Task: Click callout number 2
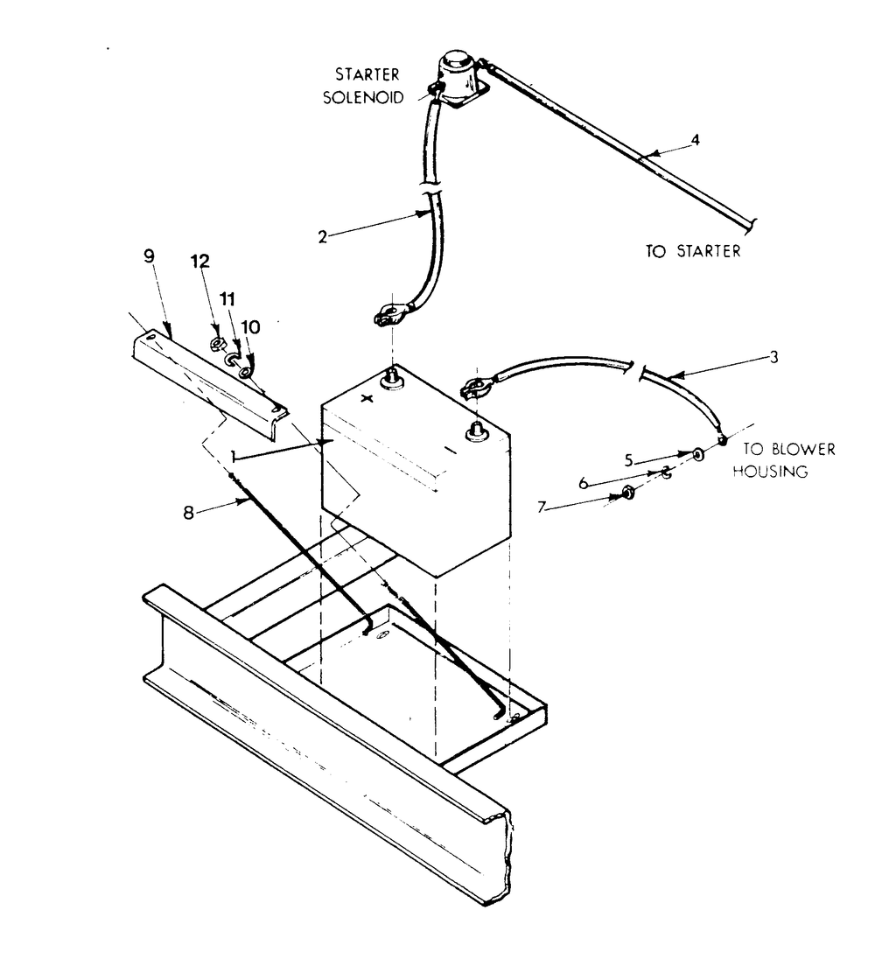(x=323, y=236)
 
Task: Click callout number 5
(x=629, y=458)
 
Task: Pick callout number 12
(x=202, y=260)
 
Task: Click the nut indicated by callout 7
(x=630, y=496)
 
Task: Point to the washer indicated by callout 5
(x=697, y=454)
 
